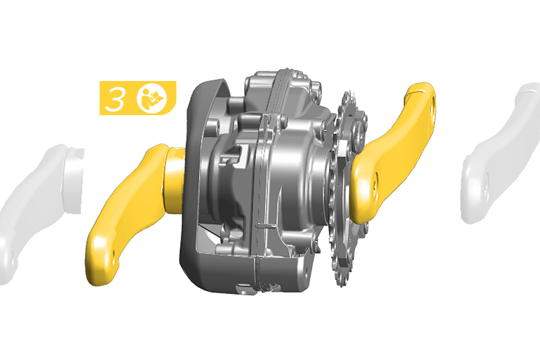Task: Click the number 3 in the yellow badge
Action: pyautogui.click(x=115, y=99)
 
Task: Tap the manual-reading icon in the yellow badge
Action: pyautogui.click(x=152, y=98)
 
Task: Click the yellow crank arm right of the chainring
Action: pyautogui.click(x=392, y=152)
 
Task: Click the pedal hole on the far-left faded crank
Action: pyautogui.click(x=13, y=256)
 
